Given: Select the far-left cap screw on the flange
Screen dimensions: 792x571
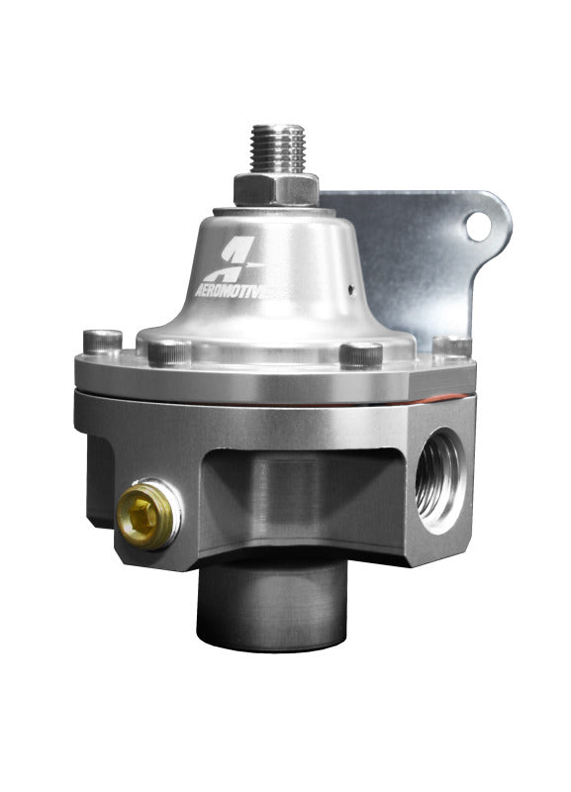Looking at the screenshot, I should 102,340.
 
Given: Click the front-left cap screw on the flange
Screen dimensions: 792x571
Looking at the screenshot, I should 171,350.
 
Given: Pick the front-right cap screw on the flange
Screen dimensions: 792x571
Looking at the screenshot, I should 361,353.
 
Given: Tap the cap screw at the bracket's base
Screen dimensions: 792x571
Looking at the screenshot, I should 451,346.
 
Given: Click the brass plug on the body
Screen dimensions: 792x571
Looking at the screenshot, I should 144,510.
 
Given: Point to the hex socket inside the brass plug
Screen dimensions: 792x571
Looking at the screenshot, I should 143,510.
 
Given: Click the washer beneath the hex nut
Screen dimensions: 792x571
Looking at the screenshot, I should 277,205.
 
